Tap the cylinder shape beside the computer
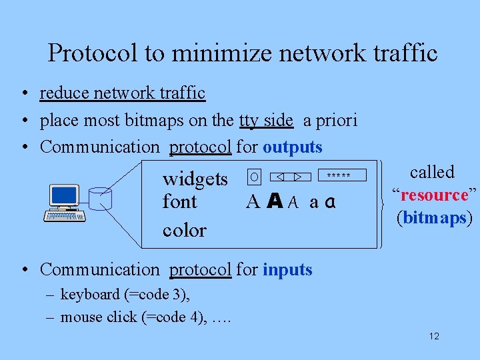101,199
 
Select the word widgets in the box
195,179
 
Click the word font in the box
179,202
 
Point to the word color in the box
184,230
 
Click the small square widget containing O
253,177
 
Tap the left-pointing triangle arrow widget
281,177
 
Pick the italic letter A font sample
293,203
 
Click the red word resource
434,195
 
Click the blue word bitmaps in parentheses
434,218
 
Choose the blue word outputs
292,147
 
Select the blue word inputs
287,269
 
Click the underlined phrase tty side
266,120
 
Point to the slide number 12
434,337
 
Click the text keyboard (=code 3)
125,294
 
